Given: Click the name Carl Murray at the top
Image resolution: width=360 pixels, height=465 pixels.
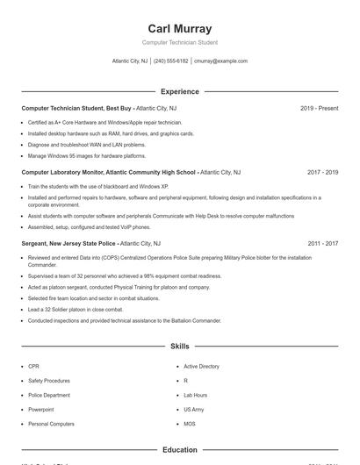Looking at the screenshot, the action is coord(180,29).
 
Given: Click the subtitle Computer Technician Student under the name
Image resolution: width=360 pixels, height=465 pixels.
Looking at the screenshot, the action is coord(180,42).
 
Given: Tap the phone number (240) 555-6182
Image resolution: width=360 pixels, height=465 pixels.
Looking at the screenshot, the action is coord(171,61).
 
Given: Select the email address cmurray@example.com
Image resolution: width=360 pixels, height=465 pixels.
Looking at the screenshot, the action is coord(220,61).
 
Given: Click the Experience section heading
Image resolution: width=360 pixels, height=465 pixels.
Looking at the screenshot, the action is coord(180,91).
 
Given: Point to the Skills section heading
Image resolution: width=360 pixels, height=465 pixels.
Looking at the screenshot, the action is coord(180,347).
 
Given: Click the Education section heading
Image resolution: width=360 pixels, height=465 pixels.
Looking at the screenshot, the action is coord(180,450).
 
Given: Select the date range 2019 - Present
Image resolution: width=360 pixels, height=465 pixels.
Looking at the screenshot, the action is coord(319,108).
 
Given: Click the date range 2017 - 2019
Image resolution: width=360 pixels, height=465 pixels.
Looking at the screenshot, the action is coord(322,173).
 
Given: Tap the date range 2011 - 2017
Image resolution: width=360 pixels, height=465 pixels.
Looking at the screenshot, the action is coord(322,243).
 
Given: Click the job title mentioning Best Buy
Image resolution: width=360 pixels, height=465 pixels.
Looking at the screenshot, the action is coord(77,108).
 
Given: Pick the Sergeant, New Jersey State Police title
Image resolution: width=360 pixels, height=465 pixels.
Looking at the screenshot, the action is coord(68,243).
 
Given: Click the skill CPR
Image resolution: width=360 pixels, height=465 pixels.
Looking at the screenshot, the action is coord(33,366).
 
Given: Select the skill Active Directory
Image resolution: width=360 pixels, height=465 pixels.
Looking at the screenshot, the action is coord(201,366).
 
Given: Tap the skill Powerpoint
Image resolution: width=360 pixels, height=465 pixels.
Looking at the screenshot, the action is coord(40,410).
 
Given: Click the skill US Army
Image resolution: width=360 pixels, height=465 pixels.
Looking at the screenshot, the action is coord(193,410).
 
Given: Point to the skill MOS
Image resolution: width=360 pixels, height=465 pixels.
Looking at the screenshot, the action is coord(189,424).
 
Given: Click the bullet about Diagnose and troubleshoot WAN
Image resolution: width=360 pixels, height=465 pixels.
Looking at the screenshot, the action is coord(87,145).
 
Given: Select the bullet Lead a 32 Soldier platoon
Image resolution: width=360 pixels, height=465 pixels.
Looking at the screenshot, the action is coord(76,309).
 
